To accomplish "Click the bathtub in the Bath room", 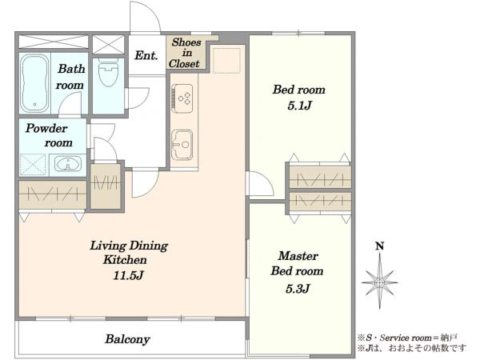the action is tap(34, 83).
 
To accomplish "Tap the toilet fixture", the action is tap(108, 73).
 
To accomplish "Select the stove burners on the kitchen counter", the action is tap(182, 98).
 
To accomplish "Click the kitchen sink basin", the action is tap(182, 145).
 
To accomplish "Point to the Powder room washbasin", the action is tap(68, 163).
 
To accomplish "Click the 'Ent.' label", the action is tap(146, 55).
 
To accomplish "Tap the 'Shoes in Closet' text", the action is tap(185, 53).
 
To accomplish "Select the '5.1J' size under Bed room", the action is tap(299, 106).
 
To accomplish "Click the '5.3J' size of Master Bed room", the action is tap(298, 288).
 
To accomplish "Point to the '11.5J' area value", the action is tap(129, 275).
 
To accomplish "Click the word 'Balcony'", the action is tap(127, 339).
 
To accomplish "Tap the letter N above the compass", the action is tap(380, 246).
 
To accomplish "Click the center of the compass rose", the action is tap(379, 282).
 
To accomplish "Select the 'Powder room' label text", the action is tap(49, 135).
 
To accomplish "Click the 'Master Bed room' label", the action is tap(297, 263).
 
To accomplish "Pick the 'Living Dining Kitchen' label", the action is tap(129, 253).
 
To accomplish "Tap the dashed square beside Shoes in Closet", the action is tap(226, 60).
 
